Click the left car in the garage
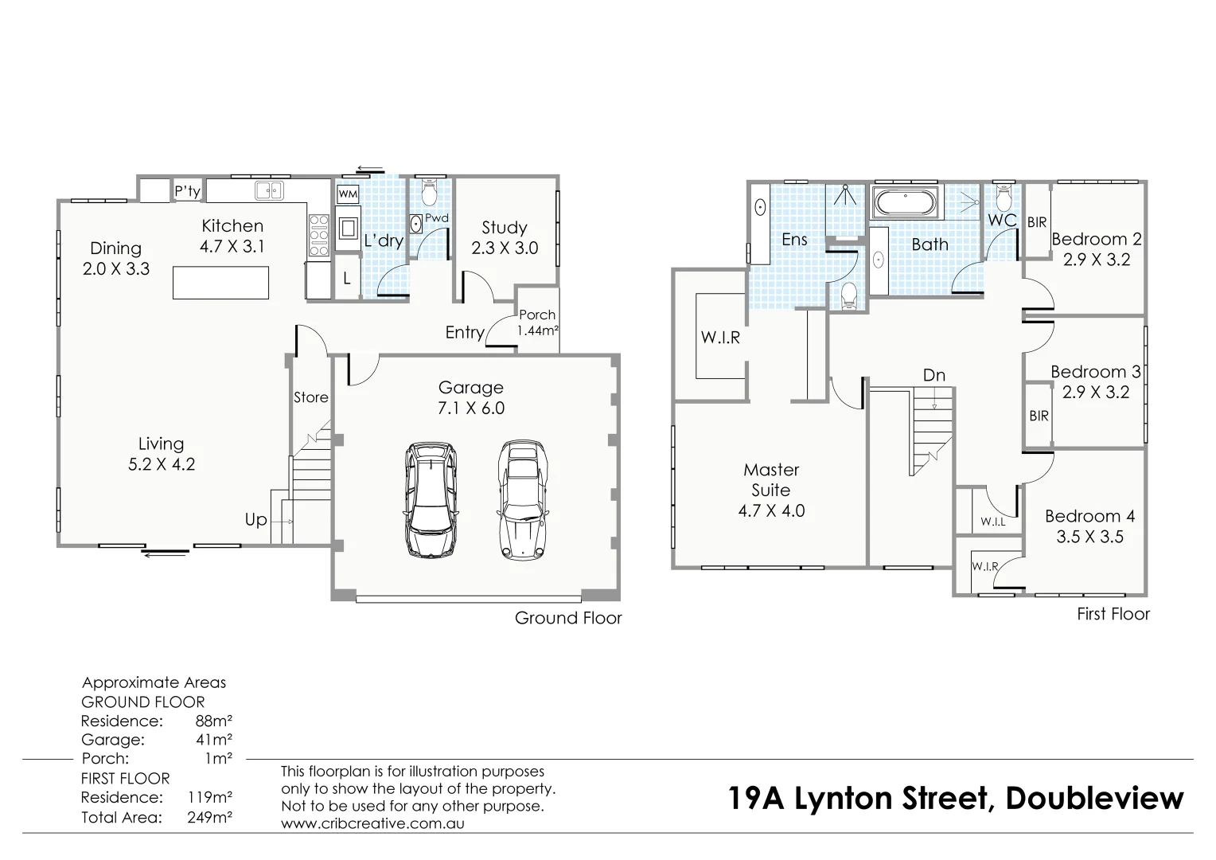tap(431, 499)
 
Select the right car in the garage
tap(522, 499)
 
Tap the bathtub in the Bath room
tap(906, 202)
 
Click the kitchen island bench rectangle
tap(220, 283)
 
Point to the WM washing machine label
tap(348, 194)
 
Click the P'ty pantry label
tap(188, 191)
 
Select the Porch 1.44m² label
tap(538, 322)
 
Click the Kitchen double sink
tap(269, 191)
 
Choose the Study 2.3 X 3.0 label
tap(505, 238)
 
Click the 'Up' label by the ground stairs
tap(255, 520)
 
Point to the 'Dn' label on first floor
tap(934, 375)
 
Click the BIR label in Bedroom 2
tap(1037, 223)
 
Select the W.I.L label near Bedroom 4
tap(992, 522)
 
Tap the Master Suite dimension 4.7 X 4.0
tap(771, 511)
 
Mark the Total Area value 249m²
tap(209, 817)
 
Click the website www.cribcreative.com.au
tap(372, 823)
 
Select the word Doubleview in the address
tap(1094, 798)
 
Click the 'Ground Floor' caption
tap(568, 618)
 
